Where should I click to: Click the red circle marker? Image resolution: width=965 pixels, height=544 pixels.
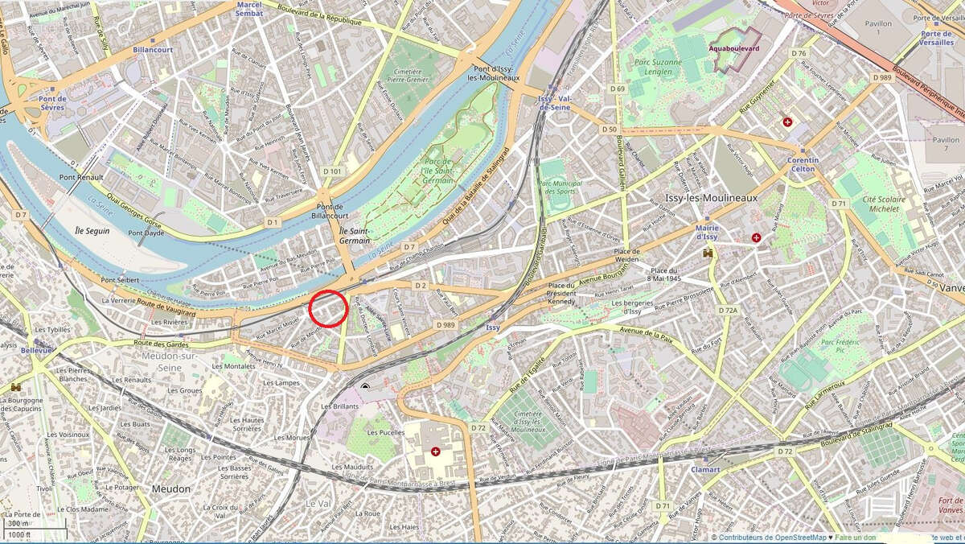coord(327,308)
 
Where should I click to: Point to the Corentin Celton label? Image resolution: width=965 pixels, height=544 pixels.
coord(800,164)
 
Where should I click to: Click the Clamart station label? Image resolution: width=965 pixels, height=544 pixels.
coord(704,468)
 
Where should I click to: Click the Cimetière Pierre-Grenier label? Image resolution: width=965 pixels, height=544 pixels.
coord(411,74)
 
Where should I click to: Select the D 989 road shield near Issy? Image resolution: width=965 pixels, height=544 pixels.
coord(446,324)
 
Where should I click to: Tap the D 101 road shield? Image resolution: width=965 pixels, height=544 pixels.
coord(332,171)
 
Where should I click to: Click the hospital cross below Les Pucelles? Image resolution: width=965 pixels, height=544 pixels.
coord(436,451)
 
